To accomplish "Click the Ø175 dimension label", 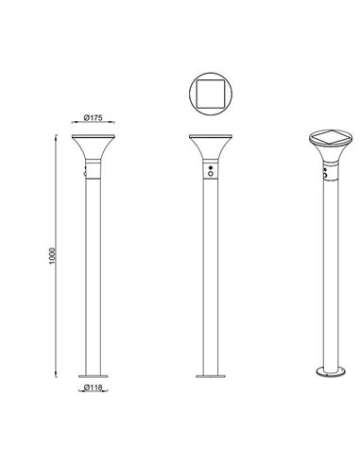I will click(93, 116).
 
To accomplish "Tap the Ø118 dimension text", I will click(93, 387).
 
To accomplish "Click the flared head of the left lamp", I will click(93, 147).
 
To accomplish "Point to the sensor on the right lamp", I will click(325, 172).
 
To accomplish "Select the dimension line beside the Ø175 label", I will click(93, 124).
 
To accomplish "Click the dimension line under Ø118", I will click(93, 382).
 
